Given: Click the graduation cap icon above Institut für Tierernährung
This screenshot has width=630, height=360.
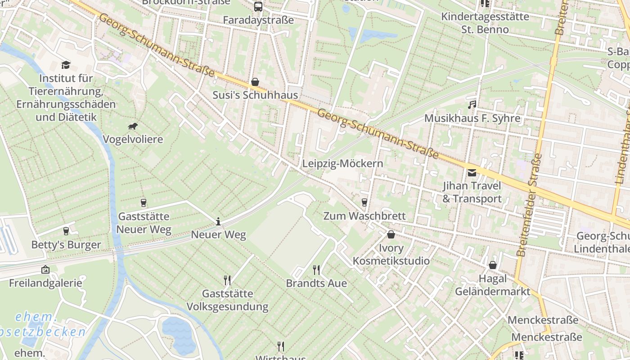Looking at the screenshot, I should (x=66, y=65).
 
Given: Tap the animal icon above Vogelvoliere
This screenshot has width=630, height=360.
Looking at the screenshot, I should (x=132, y=126).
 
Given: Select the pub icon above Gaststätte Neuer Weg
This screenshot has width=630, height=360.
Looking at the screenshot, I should (x=144, y=203).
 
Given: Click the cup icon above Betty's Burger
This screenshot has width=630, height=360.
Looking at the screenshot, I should (x=66, y=231).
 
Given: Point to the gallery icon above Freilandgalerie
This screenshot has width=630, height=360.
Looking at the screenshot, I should (x=45, y=270).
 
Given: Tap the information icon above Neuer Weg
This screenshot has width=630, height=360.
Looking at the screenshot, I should (x=218, y=221).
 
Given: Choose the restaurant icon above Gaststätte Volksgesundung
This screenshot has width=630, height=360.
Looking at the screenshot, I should (x=227, y=280).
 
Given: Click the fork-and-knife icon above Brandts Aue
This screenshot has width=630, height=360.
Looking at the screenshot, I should (x=316, y=270).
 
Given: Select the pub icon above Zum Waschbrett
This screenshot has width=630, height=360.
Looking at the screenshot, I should (x=364, y=202).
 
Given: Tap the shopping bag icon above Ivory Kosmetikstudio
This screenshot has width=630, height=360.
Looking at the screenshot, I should (x=391, y=234).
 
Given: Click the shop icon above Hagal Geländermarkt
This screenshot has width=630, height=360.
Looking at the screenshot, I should (x=493, y=265).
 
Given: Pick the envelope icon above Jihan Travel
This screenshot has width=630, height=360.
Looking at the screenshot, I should (x=472, y=172).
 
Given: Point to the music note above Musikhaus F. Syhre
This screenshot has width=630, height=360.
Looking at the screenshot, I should (x=472, y=105).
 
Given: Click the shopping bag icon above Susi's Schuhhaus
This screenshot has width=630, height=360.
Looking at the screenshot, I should (x=255, y=82).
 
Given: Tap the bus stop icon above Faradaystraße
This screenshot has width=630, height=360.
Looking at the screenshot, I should (x=258, y=7).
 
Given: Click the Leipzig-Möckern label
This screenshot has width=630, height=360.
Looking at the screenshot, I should (x=342, y=163).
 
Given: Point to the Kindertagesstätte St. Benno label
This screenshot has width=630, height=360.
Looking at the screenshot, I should (x=479, y=23).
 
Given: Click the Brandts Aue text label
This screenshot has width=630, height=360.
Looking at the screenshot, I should (x=316, y=283).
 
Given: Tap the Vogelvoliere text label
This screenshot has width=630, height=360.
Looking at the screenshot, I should (x=133, y=139).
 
